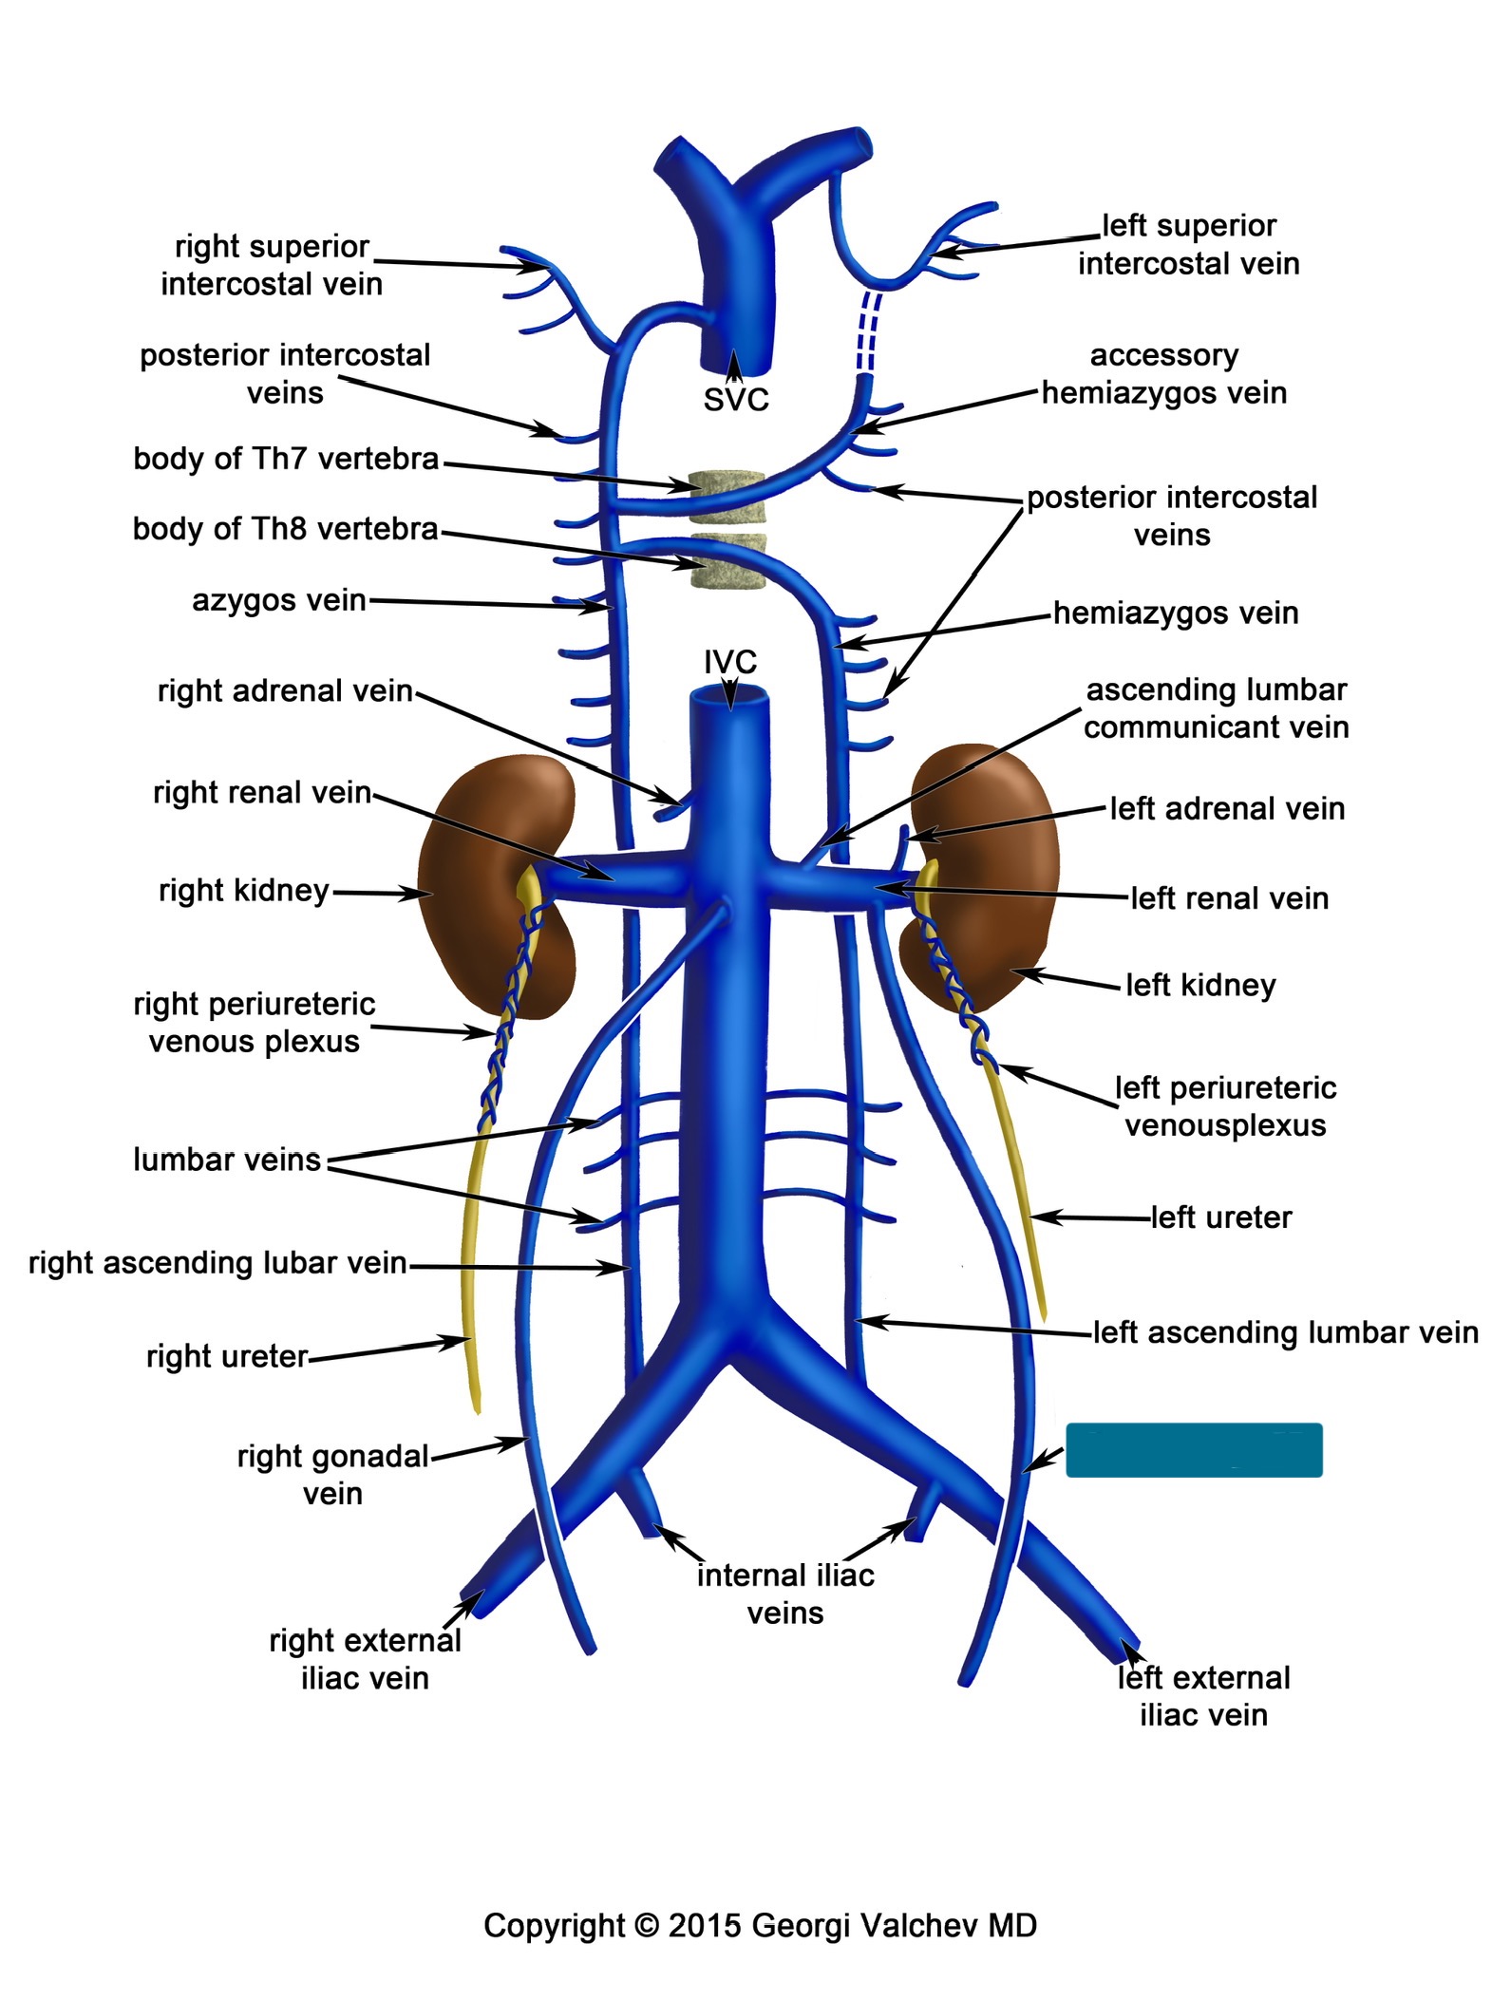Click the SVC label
(x=735, y=400)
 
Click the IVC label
(x=729, y=661)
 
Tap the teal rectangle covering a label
(x=1193, y=1449)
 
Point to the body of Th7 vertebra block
(x=727, y=497)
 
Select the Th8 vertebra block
(x=727, y=562)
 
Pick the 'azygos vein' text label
(x=279, y=600)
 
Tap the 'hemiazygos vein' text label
(x=1176, y=613)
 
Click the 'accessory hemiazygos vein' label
(x=1164, y=374)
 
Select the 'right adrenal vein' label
(x=285, y=690)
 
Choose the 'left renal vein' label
(x=1229, y=897)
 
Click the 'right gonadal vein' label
(x=332, y=1474)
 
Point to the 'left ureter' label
(x=1221, y=1217)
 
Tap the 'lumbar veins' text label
(x=227, y=1160)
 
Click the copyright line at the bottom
(x=760, y=1925)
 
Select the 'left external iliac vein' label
(x=1203, y=1696)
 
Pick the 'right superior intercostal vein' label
(x=272, y=265)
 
